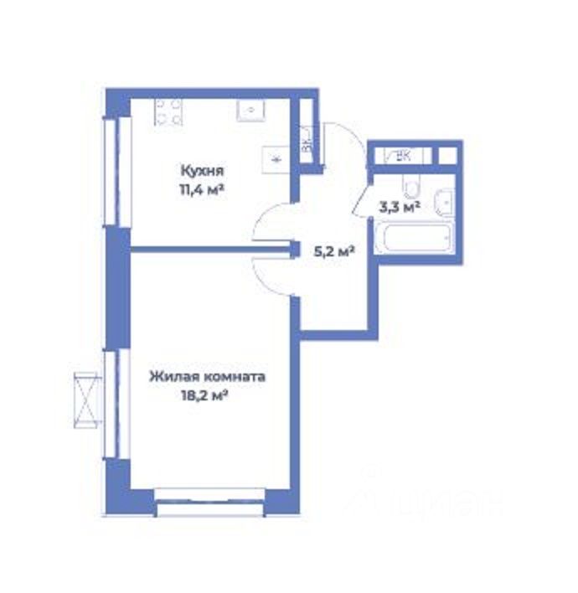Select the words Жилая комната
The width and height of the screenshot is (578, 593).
(x=207, y=377)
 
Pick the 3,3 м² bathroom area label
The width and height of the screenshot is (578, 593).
(x=399, y=206)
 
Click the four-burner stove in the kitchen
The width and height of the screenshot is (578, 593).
(x=169, y=112)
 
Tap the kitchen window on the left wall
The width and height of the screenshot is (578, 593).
(x=118, y=171)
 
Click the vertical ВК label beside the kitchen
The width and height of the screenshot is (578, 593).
(x=307, y=142)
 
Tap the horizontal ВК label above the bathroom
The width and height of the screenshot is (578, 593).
(x=402, y=155)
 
